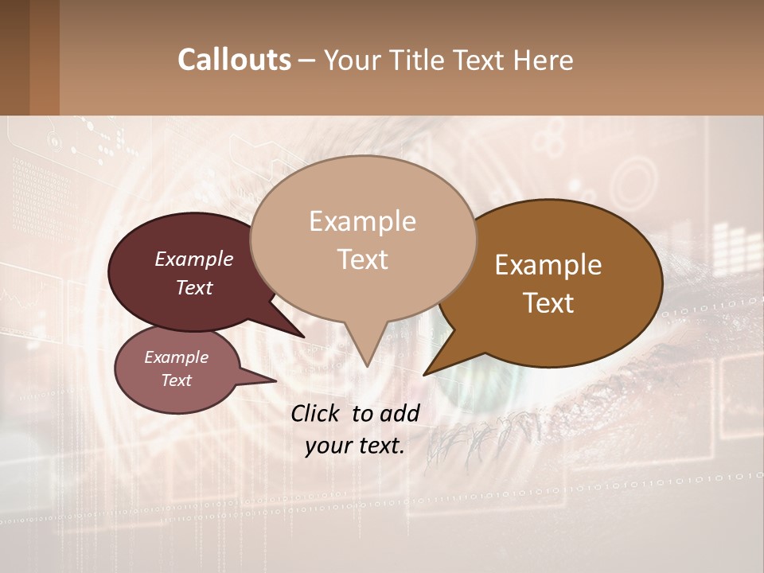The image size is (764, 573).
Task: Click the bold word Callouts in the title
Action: click(x=234, y=60)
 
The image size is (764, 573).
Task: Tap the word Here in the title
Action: click(x=544, y=60)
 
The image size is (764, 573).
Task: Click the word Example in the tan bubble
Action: click(x=362, y=221)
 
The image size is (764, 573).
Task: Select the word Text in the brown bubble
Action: click(x=548, y=302)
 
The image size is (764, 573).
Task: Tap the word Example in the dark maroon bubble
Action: click(x=194, y=259)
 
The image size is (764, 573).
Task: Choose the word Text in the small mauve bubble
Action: click(x=176, y=380)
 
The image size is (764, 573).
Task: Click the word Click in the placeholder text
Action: click(x=315, y=413)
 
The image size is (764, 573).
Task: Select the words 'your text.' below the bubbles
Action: click(x=355, y=446)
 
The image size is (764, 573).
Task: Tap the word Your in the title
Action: click(x=353, y=60)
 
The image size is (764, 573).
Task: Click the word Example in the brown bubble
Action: click(x=548, y=265)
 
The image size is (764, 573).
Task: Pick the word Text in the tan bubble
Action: click(x=362, y=259)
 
